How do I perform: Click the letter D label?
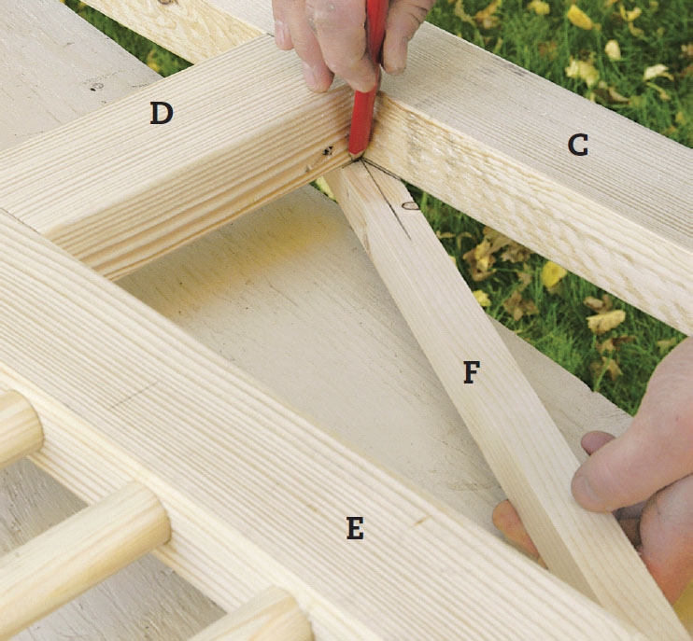[x=162, y=113]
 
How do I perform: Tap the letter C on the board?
[x=577, y=145]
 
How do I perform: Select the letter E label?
[x=355, y=528]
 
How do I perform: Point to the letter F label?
[x=472, y=371]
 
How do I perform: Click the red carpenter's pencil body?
[x=368, y=79]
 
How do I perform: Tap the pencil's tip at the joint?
[x=354, y=156]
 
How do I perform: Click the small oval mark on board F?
[x=411, y=205]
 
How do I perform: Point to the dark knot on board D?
[x=328, y=151]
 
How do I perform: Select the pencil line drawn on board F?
[x=386, y=200]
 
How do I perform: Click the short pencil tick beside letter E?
[x=421, y=521]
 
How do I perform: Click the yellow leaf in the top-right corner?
[x=580, y=17]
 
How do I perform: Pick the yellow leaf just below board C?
[x=554, y=274]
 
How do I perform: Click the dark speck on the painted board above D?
[x=94, y=87]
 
